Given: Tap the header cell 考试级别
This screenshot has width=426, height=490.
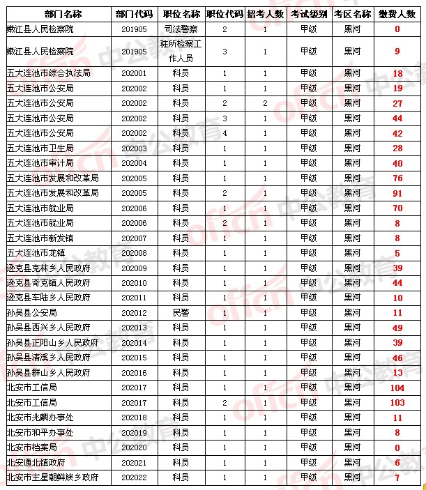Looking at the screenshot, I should tap(307, 14).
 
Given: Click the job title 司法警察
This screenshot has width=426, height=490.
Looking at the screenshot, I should tap(180, 29).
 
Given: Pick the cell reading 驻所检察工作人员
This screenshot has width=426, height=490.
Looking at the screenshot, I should tap(180, 51).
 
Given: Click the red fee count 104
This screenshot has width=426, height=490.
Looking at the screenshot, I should tap(397, 388).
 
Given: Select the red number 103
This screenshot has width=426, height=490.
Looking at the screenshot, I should tap(397, 403).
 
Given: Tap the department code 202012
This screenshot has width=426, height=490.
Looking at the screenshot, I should tap(134, 313).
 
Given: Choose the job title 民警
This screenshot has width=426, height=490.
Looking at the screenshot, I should tap(180, 313).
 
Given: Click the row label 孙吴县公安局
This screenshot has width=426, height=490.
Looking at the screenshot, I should tap(31, 313).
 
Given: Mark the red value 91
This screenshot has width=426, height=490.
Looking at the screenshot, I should tap(397, 193).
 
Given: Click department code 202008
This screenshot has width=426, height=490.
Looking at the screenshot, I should tap(134, 253).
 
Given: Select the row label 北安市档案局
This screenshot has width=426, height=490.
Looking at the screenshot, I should tap(31, 447).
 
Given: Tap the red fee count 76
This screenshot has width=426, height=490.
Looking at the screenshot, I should tap(397, 178).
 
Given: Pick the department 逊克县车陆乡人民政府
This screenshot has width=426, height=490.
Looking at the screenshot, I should tap(48, 298).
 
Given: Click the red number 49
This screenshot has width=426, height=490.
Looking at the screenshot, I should tap(397, 328).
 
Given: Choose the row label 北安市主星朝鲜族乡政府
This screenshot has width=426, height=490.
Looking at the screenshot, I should tap(52, 477).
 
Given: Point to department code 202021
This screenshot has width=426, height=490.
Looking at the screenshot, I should tap(134, 463).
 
